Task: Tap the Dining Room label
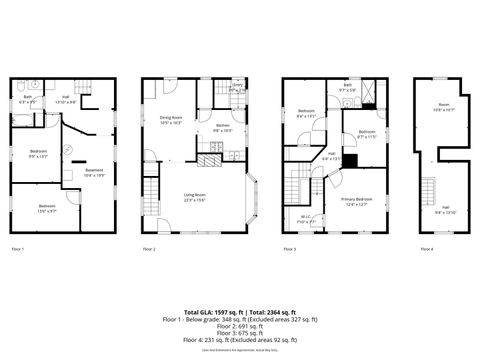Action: click(x=170, y=118)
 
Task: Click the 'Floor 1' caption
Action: click(x=18, y=248)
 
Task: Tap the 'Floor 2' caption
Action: click(x=149, y=248)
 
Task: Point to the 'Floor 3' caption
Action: click(x=289, y=248)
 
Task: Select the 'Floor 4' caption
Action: click(x=427, y=248)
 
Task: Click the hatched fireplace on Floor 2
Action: click(x=209, y=159)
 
